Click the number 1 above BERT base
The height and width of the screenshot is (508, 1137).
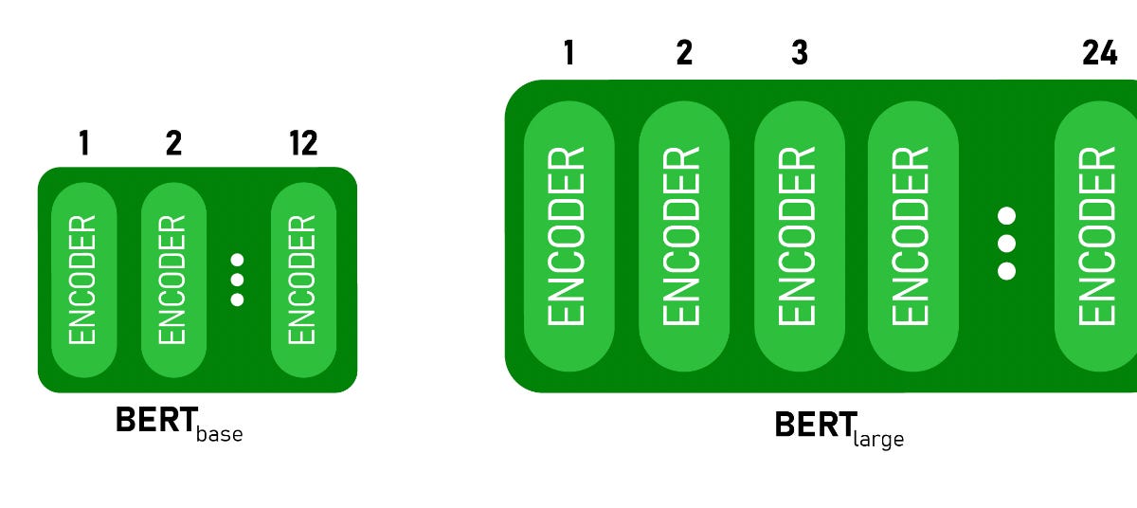[x=84, y=143]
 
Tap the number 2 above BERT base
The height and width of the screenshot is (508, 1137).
[x=173, y=143]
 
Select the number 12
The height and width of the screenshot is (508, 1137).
[x=303, y=143]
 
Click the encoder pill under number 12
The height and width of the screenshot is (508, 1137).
[x=303, y=281]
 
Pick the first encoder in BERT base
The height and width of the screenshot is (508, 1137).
[x=83, y=281]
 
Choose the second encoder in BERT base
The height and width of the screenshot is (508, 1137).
[x=173, y=281]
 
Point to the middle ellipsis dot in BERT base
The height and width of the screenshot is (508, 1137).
[x=237, y=280]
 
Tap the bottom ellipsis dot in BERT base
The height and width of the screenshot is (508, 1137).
[x=237, y=299]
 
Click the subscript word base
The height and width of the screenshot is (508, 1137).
[x=219, y=434]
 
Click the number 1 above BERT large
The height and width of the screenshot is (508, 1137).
[x=568, y=53]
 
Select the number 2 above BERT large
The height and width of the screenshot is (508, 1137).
[x=684, y=53]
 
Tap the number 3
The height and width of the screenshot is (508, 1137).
[x=800, y=53]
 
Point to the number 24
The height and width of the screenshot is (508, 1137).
[x=1099, y=53]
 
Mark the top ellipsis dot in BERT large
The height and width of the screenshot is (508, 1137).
[x=1007, y=214]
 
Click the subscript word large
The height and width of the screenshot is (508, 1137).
[x=878, y=438]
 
